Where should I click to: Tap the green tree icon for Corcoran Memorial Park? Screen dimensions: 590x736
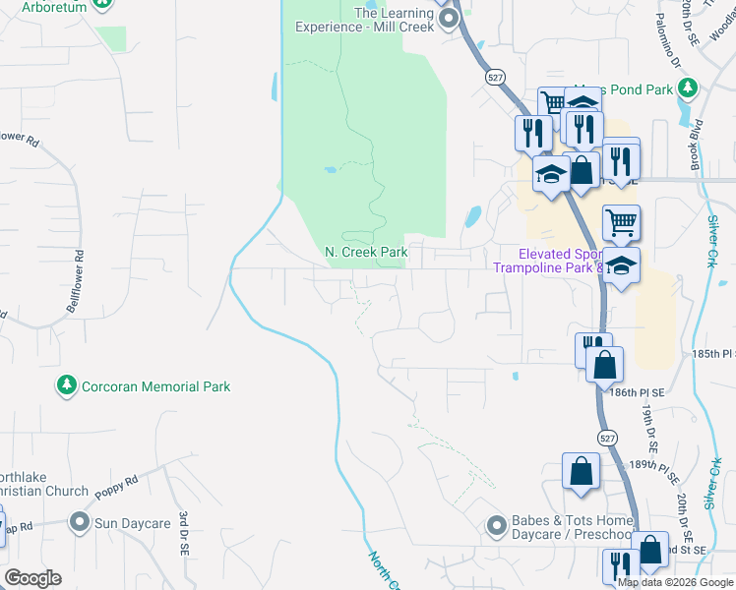pyautogui.click(x=67, y=386)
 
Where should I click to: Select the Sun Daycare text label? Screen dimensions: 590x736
pyautogui.click(x=133, y=523)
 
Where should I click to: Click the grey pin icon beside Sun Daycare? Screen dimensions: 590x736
pyautogui.click(x=80, y=522)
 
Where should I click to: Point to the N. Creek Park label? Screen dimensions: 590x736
pyautogui.click(x=366, y=253)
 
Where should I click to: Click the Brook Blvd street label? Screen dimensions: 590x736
pyautogui.click(x=697, y=146)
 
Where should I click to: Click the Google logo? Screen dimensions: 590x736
pyautogui.click(x=32, y=578)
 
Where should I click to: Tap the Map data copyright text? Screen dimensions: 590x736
pyautogui.click(x=675, y=582)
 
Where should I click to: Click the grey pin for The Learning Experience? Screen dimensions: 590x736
pyautogui.click(x=449, y=18)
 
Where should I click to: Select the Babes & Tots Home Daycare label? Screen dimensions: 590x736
pyautogui.click(x=572, y=528)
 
